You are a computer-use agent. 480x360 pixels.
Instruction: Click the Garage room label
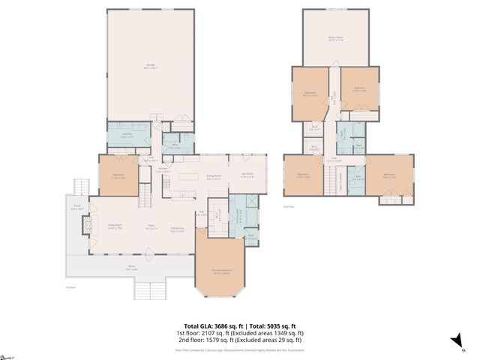pyautogui.click(x=150, y=67)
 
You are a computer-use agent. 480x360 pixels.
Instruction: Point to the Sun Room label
pyautogui.click(x=247, y=178)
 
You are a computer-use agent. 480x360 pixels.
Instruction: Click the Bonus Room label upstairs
pyautogui.click(x=335, y=40)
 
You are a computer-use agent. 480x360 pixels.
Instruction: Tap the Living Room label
pyautogui.click(x=115, y=226)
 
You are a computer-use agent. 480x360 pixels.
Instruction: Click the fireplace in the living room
pyautogui.click(x=86, y=225)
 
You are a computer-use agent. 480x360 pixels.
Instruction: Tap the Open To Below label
pyautogui.click(x=341, y=181)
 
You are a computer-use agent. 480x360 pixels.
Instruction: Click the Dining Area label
pyautogui.click(x=177, y=229)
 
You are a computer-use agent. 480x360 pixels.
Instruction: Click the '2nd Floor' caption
pyautogui.click(x=289, y=205)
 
